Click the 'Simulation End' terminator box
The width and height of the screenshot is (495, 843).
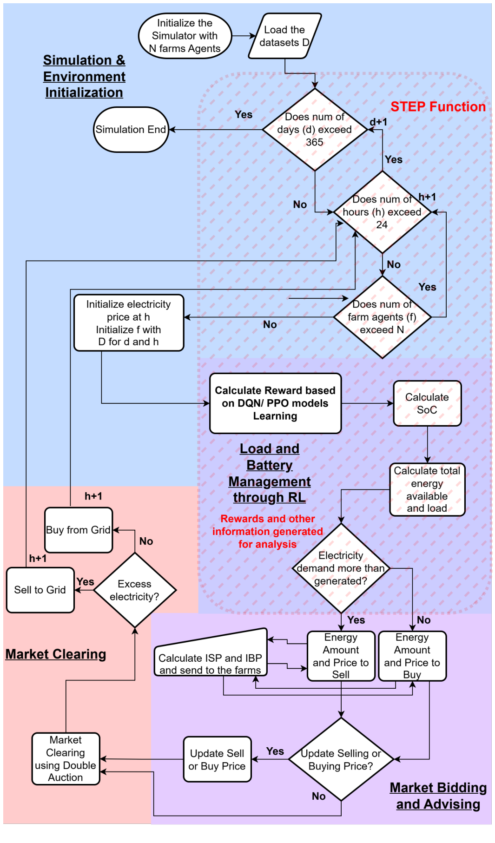pyautogui.click(x=131, y=130)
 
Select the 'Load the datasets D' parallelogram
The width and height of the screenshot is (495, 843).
pyautogui.click(x=284, y=36)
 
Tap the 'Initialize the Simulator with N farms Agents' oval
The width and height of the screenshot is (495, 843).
pyautogui.click(x=185, y=36)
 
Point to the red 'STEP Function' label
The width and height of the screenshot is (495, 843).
pyautogui.click(x=437, y=107)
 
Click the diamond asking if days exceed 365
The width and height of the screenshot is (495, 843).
pyautogui.click(x=315, y=130)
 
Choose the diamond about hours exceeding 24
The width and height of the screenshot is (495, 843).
pyautogui.click(x=382, y=212)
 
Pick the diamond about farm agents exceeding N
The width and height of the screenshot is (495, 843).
pyautogui.click(x=382, y=317)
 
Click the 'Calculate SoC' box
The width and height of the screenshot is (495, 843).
pyautogui.click(x=427, y=403)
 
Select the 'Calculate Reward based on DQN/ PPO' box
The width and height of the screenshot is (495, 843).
pyautogui.click(x=275, y=403)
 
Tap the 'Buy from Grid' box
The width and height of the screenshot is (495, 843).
pyautogui.click(x=78, y=530)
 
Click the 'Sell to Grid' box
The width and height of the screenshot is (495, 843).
pyautogui.click(x=40, y=590)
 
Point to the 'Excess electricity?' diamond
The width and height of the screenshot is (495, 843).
pyautogui.click(x=134, y=590)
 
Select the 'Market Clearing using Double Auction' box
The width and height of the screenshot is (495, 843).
pyautogui.click(x=66, y=758)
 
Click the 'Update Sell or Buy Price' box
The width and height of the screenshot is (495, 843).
pyautogui.click(x=217, y=759)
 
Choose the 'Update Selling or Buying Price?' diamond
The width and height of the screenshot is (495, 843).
pyautogui.click(x=341, y=759)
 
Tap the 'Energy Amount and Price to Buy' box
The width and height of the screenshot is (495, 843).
pyautogui.click(x=412, y=656)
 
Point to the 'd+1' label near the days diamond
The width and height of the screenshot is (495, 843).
pyautogui.click(x=378, y=122)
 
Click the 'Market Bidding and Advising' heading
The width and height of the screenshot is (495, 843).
pyautogui.click(x=438, y=796)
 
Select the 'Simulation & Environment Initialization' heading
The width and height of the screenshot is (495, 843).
pyautogui.click(x=84, y=76)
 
